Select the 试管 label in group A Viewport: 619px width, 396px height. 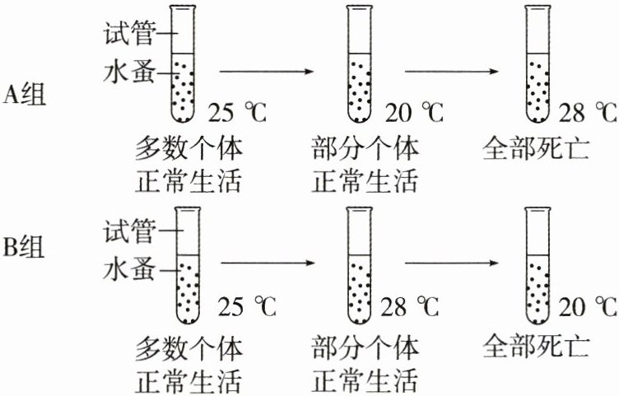[x=129, y=34]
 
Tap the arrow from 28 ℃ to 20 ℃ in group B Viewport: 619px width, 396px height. [x=449, y=263]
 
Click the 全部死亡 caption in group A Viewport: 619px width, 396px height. [x=536, y=148]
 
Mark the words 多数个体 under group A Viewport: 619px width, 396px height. [x=190, y=149]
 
